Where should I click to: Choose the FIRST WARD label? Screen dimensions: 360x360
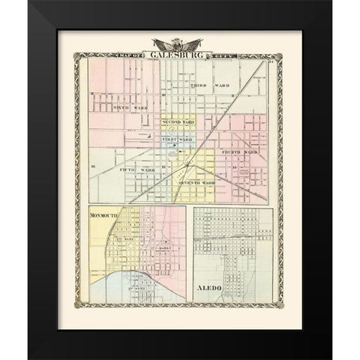tap(177, 139)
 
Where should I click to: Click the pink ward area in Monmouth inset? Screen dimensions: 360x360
tap(171, 240)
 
